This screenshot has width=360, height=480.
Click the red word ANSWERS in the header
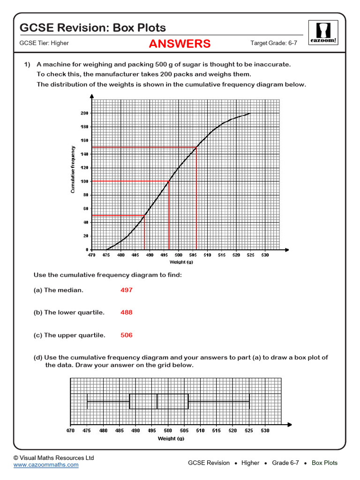(180, 44)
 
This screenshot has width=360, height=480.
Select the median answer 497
(127, 290)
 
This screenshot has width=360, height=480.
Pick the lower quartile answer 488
(127, 313)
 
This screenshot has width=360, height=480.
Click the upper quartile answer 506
(127, 335)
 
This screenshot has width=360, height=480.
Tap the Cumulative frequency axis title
(73, 170)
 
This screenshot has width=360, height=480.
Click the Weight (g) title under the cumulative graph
(178, 262)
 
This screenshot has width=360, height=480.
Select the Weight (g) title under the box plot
(171, 439)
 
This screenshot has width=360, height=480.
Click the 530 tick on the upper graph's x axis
(265, 255)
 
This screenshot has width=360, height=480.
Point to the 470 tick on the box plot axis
(70, 430)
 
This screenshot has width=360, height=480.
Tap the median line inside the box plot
(157, 401)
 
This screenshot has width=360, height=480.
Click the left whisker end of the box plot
(87, 401)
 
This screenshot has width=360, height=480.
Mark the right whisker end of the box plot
(249, 401)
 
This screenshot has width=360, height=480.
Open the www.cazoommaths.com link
(46, 465)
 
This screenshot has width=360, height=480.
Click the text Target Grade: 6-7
(274, 43)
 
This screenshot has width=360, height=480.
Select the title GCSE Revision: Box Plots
(93, 28)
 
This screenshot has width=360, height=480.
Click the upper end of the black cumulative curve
(249, 113)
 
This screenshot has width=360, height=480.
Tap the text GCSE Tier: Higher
(44, 43)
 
